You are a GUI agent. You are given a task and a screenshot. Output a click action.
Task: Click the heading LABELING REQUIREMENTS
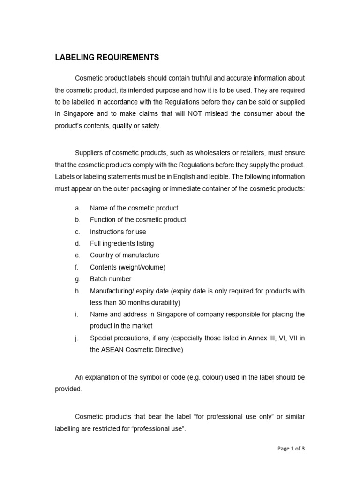click(107, 58)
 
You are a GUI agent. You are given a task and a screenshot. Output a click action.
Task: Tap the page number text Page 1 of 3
click(291, 448)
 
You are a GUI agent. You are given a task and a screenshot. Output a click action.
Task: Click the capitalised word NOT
click(196, 114)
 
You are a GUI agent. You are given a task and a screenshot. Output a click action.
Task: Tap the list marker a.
click(77, 208)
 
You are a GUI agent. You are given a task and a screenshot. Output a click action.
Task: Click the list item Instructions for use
click(118, 232)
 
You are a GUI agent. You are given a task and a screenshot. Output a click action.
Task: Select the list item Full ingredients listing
click(121, 244)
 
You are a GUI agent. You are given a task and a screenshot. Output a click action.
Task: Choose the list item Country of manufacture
click(124, 255)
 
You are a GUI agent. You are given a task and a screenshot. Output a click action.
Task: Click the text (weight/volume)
click(142, 267)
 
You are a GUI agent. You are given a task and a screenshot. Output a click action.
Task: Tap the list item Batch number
click(110, 279)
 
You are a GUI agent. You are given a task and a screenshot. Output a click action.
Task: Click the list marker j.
click(76, 338)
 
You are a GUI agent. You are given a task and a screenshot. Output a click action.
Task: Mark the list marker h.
click(77, 291)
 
